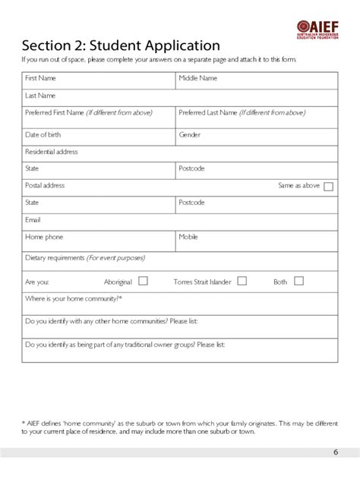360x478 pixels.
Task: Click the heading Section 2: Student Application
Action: pos(121,46)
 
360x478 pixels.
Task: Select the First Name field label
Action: pos(40,78)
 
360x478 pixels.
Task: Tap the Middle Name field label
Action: pos(197,78)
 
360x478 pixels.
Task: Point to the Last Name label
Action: pos(40,96)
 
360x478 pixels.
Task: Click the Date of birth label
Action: pos(43,134)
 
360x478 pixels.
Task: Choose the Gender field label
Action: pos(189,134)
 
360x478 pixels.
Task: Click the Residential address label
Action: pos(52,152)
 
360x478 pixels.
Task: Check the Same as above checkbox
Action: pos(328,187)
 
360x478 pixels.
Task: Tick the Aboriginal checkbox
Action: pos(143,281)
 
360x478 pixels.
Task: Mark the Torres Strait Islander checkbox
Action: pos(242,281)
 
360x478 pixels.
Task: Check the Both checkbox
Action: pos(298,281)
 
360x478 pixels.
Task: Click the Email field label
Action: pos(33,220)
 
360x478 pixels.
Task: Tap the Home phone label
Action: pos(44,237)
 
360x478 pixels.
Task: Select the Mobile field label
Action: pos(188,237)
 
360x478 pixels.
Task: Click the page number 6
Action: pos(336,453)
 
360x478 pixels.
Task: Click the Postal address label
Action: pos(45,185)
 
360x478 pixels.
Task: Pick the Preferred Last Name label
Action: pos(242,112)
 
